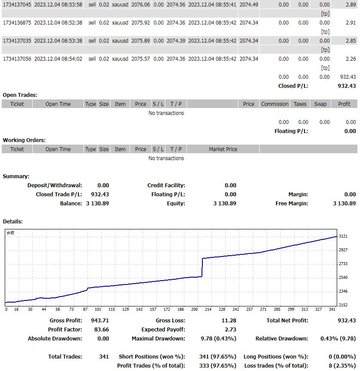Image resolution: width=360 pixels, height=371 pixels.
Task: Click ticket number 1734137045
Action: click(x=17, y=4)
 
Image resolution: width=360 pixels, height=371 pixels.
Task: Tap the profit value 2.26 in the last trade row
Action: click(x=351, y=59)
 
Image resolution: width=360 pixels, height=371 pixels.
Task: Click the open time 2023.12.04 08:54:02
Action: click(x=58, y=59)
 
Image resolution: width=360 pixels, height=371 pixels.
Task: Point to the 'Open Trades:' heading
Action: click(x=20, y=95)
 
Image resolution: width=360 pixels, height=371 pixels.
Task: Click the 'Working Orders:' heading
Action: click(x=24, y=140)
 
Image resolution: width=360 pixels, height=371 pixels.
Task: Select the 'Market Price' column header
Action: click(x=223, y=149)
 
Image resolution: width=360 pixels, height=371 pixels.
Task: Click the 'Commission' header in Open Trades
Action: click(x=275, y=104)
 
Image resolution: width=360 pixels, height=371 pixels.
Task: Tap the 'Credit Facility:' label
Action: click(x=166, y=185)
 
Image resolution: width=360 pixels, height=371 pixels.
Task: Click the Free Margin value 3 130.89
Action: click(x=344, y=203)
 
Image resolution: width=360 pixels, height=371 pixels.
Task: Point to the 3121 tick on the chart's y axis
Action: click(x=343, y=236)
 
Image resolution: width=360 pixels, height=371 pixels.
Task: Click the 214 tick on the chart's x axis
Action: click(x=208, y=309)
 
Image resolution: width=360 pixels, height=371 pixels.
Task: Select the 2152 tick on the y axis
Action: click(x=343, y=305)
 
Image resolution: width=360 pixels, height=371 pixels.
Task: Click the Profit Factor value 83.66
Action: click(x=99, y=329)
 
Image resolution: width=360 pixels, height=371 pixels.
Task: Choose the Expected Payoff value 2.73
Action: click(x=230, y=329)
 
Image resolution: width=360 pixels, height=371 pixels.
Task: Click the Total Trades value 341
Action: click(x=103, y=356)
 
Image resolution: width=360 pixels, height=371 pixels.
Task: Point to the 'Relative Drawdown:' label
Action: click(x=282, y=338)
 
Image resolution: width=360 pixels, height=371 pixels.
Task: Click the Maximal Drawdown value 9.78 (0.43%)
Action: click(x=218, y=338)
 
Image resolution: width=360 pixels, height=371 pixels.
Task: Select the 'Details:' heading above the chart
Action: click(x=12, y=221)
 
